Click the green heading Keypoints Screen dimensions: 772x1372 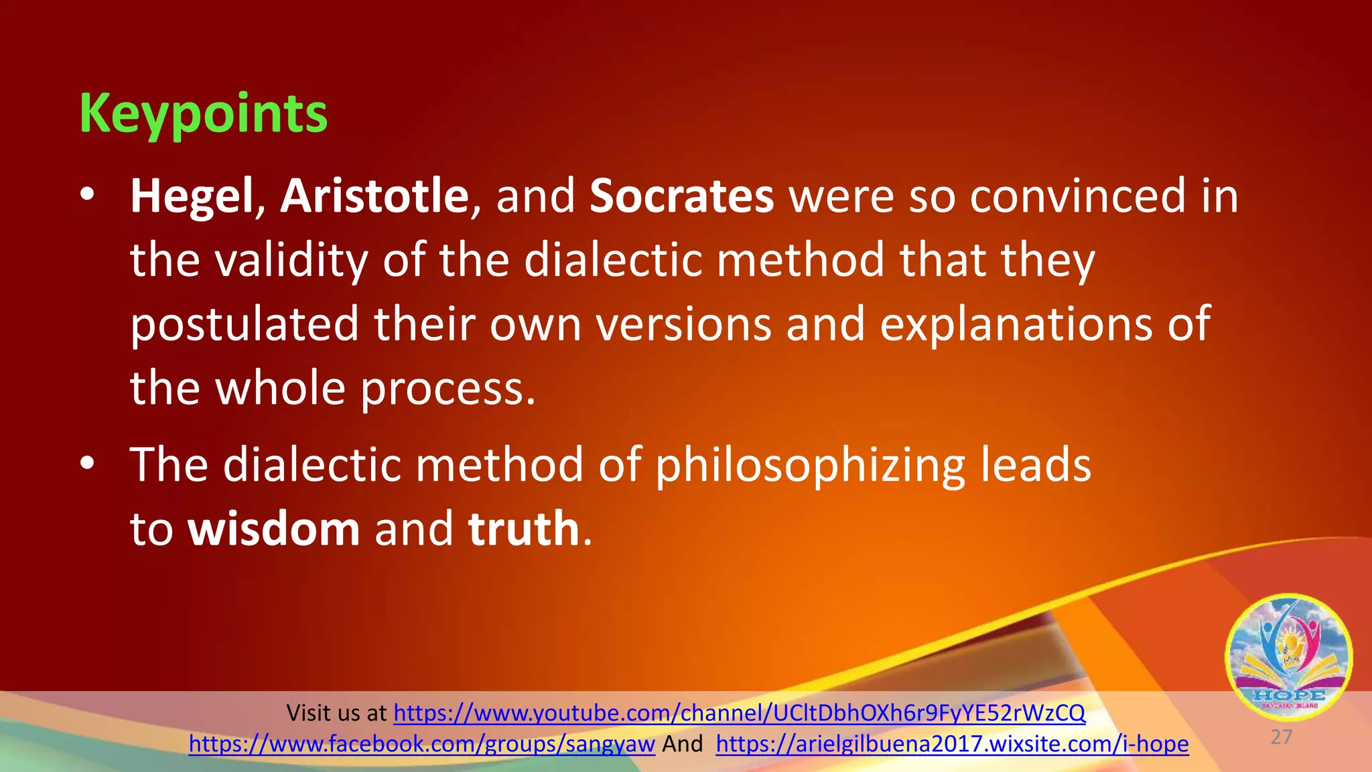point(204,114)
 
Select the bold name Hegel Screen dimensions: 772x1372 point(192,196)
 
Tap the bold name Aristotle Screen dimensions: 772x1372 point(374,196)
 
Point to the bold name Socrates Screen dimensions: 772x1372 point(681,196)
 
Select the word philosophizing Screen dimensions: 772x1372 point(810,466)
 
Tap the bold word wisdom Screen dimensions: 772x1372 point(274,529)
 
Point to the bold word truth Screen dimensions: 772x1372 point(523,529)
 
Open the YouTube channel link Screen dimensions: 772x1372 point(739,713)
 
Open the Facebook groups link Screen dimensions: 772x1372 point(421,744)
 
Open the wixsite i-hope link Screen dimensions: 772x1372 point(952,744)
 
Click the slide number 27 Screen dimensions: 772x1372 point(1281,737)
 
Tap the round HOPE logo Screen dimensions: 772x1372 point(1288,657)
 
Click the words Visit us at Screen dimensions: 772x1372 point(336,713)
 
